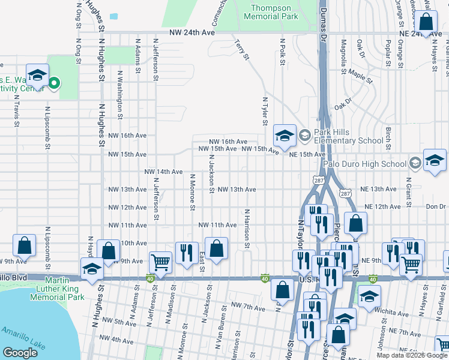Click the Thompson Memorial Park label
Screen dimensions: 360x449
point(274,13)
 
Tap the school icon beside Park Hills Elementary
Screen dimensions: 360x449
point(285,136)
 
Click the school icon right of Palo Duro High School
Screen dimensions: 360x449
point(435,160)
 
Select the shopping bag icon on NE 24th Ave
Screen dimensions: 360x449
point(426,23)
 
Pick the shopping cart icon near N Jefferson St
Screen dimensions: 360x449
point(160,261)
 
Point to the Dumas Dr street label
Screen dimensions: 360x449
point(322,20)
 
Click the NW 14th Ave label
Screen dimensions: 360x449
point(163,172)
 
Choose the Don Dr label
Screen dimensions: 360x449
point(436,207)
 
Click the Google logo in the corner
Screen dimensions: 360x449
point(20,353)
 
